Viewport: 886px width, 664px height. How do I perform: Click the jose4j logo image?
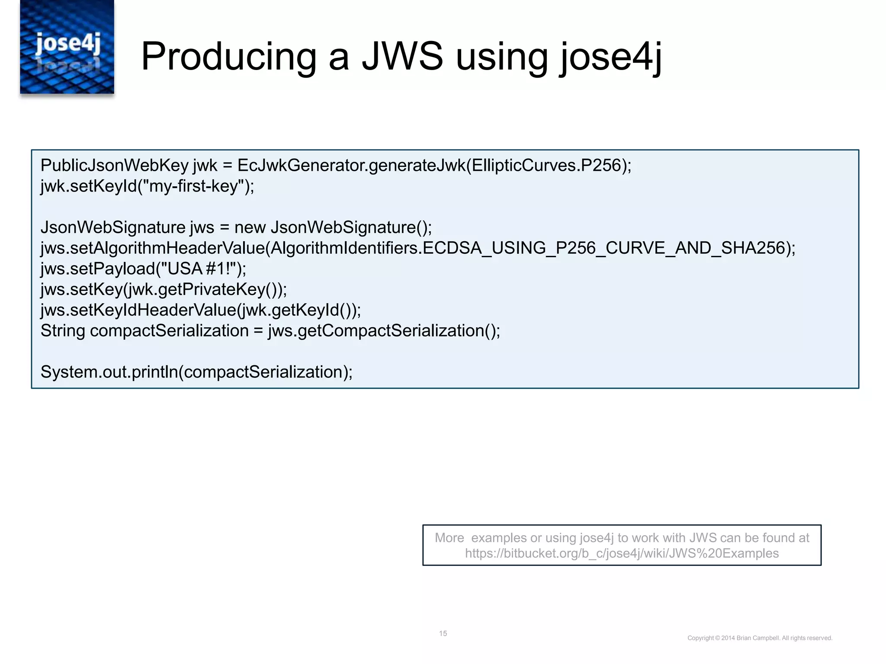point(67,47)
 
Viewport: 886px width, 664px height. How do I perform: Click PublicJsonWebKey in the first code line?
point(114,166)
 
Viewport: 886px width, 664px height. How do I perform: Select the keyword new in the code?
point(250,227)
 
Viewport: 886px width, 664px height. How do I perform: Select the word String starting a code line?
point(63,331)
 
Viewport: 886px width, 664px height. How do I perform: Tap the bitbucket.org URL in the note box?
point(622,553)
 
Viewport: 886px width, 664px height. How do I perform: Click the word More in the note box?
point(449,538)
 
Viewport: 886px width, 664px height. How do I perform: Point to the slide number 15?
point(443,633)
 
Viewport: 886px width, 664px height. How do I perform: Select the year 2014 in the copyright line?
point(728,638)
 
